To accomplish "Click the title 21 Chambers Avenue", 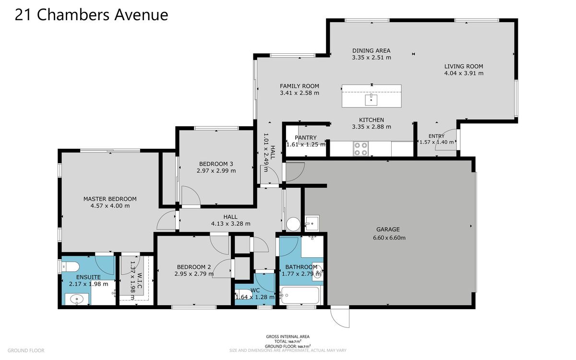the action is (91, 15).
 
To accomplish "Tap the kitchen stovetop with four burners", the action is (361, 149).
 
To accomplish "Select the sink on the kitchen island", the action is (371, 100).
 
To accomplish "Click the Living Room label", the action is (464, 66).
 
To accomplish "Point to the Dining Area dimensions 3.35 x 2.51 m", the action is (372, 58).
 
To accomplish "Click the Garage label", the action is (388, 229).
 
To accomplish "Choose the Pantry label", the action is (305, 138).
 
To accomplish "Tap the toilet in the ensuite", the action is (70, 266).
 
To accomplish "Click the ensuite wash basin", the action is (76, 300).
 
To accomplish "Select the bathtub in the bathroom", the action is (300, 296).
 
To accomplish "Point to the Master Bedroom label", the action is (110, 199).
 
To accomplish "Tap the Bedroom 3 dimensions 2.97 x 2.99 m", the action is (216, 171).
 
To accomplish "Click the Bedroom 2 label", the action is (193, 267).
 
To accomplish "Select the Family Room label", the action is (300, 86).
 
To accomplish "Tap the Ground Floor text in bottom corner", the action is (26, 350).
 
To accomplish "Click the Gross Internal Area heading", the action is (288, 336).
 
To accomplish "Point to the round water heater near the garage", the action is (293, 224).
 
